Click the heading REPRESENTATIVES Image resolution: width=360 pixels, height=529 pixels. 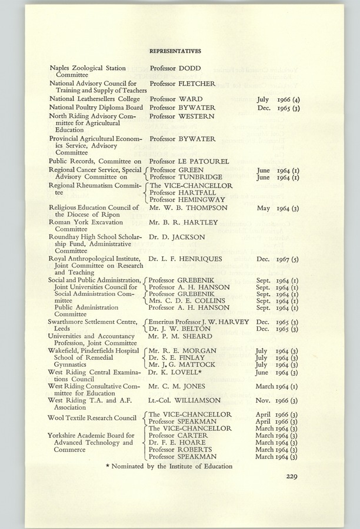[175, 51]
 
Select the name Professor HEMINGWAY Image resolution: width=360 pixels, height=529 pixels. [187, 199]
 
